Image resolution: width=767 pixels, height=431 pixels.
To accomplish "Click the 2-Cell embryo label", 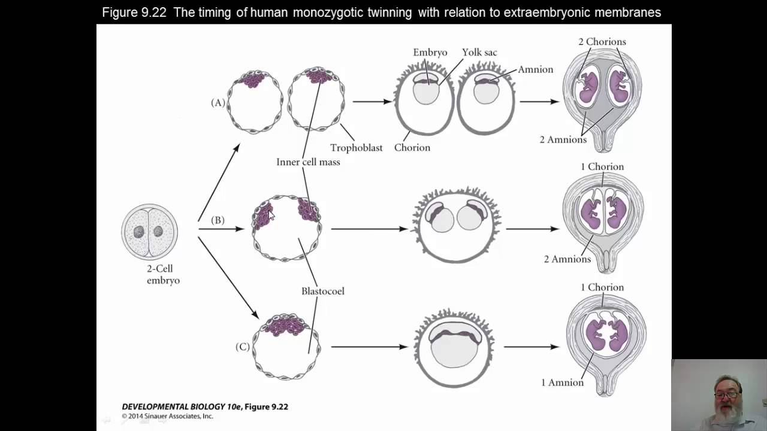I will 163,274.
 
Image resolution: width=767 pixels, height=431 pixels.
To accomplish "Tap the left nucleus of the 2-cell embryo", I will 138,232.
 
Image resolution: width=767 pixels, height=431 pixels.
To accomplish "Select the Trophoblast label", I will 356,147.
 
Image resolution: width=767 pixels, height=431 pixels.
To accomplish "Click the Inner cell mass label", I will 308,162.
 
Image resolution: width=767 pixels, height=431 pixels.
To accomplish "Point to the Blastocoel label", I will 322,291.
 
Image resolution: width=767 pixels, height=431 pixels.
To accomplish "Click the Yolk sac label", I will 479,52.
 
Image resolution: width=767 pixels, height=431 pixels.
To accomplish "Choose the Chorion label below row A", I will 412,147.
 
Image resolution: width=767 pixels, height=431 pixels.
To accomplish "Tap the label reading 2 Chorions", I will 602,41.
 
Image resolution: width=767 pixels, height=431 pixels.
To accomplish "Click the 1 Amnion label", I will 562,382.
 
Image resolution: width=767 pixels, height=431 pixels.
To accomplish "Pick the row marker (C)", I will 242,347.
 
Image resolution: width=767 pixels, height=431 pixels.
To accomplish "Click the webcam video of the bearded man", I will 719,394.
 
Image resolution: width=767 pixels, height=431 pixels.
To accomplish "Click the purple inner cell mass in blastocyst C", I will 286,325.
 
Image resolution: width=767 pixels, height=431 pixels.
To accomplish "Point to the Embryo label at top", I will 430,52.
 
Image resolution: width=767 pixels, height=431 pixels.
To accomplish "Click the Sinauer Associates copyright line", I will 167,416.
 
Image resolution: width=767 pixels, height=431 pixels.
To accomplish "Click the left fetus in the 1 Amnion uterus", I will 596,334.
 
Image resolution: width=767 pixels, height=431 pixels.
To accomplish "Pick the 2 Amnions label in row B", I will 567,259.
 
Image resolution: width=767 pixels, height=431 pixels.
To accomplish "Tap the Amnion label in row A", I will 535,69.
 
